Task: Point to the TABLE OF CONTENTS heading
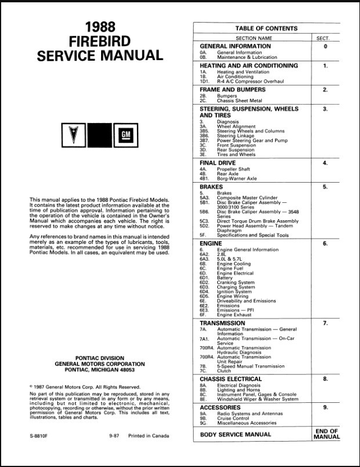(x=266, y=28)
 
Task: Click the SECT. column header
(x=325, y=38)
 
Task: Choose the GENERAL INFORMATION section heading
(x=235, y=46)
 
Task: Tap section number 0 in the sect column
(x=325, y=46)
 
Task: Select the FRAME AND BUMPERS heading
(x=232, y=90)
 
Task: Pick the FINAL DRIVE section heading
(x=220, y=163)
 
